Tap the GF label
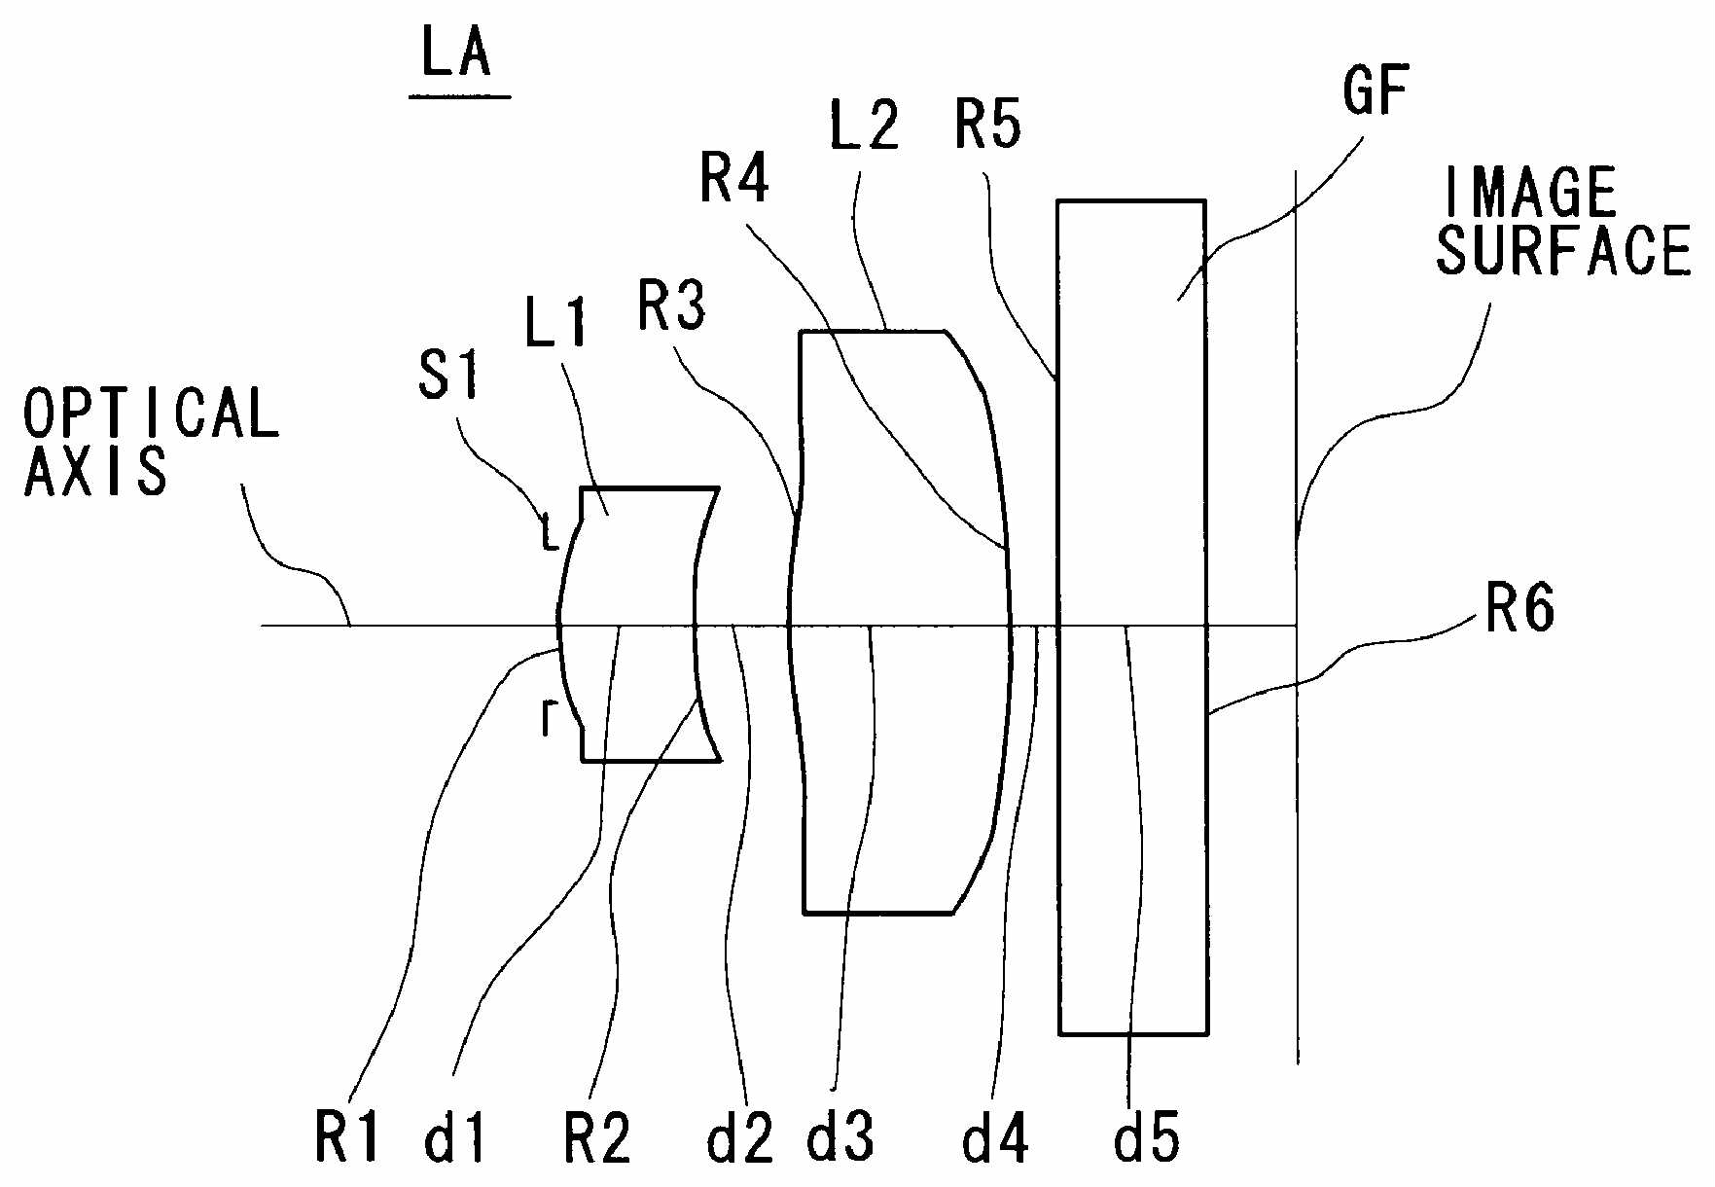(x=1376, y=91)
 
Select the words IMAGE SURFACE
(x=1562, y=222)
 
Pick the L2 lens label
(x=864, y=124)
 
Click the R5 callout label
(x=988, y=125)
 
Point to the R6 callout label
(x=1520, y=608)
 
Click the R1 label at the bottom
(x=347, y=1135)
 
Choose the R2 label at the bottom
(x=597, y=1135)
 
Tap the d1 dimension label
(x=455, y=1135)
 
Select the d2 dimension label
(x=740, y=1135)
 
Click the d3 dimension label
(x=840, y=1135)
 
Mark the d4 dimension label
(x=995, y=1135)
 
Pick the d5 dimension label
(x=1147, y=1135)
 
